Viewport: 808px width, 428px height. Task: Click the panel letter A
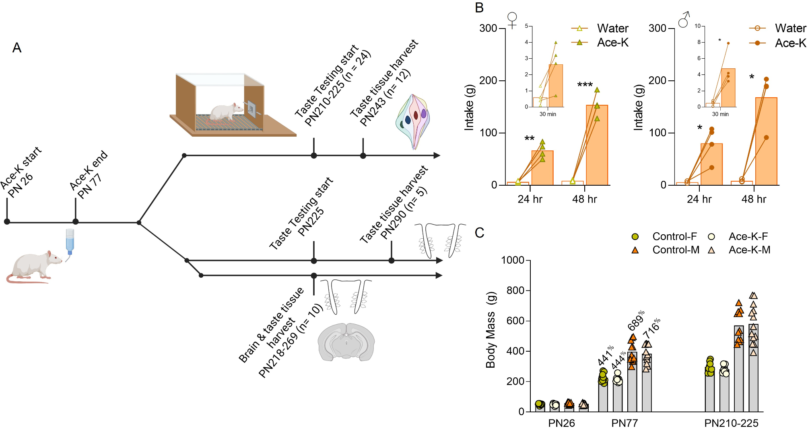point(16,48)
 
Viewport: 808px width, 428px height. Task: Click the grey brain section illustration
point(346,342)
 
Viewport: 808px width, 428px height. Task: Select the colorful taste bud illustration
point(413,121)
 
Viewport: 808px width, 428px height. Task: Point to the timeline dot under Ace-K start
point(7,221)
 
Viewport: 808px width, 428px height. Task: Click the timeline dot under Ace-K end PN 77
point(76,221)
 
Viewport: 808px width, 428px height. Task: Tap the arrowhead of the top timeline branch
point(437,156)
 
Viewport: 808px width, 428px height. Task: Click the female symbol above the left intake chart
point(512,20)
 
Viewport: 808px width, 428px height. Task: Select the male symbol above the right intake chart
point(684,20)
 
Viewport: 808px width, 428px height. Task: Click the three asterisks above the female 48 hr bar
point(585,85)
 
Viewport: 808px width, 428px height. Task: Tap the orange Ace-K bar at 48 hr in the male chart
point(766,141)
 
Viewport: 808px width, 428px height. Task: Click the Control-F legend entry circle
point(635,237)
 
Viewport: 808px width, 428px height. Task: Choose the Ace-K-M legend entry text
point(749,250)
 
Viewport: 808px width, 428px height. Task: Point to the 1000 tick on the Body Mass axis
point(513,260)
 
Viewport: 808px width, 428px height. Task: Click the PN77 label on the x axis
point(624,423)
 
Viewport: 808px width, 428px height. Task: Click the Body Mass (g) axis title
point(491,330)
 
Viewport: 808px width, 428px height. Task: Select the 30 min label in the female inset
point(548,114)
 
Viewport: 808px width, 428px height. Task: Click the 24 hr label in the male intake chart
point(699,199)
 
